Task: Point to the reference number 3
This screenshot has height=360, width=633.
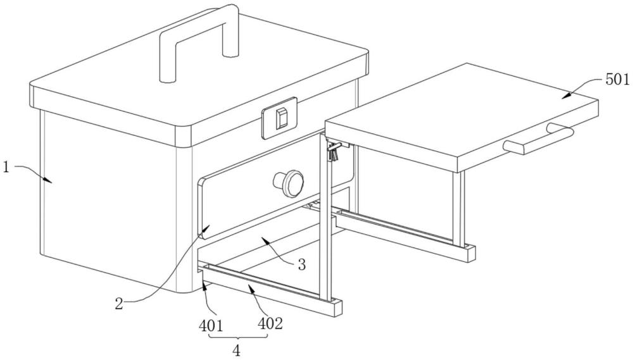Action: click(301, 265)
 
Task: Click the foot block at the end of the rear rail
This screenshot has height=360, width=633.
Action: click(468, 253)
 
